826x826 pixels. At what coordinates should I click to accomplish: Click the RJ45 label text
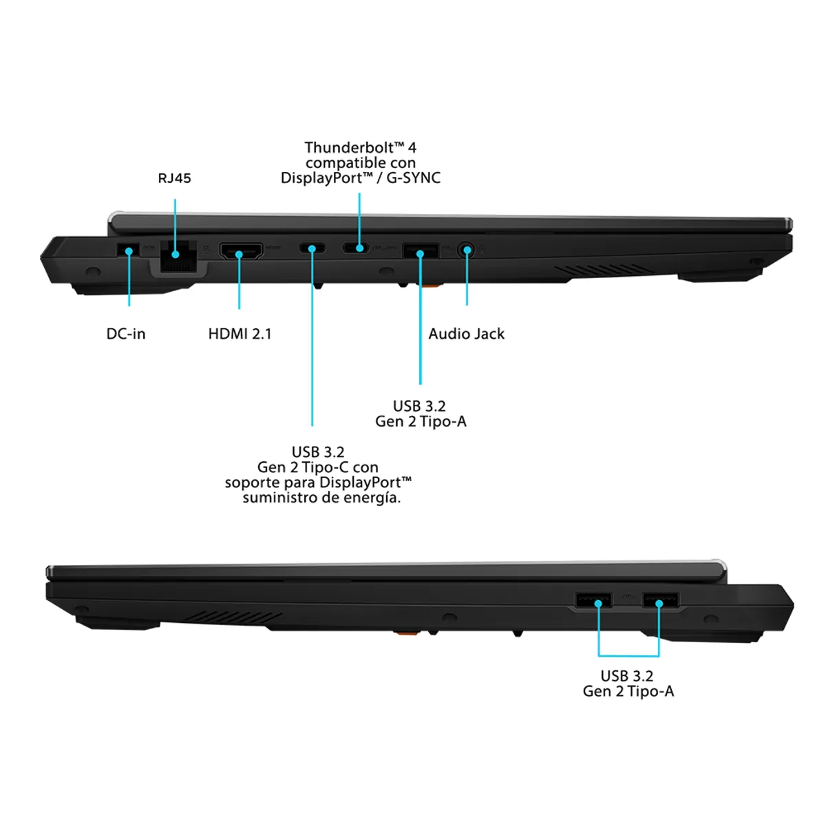pos(174,178)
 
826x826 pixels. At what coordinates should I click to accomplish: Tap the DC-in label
pos(126,334)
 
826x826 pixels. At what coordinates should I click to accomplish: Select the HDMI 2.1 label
pos(240,334)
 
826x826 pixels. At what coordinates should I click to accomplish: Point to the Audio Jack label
pos(466,334)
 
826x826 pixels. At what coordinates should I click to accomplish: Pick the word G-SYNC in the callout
pos(413,178)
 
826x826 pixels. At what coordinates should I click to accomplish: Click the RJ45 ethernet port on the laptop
pos(177,254)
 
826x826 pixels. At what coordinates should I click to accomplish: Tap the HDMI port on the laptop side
pos(240,251)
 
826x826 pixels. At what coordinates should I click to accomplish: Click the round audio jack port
pos(467,249)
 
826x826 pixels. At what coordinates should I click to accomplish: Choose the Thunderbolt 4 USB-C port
pos(357,248)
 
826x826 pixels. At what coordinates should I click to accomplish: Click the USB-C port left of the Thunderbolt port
pos(312,248)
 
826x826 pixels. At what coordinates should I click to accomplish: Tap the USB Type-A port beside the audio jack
pos(420,251)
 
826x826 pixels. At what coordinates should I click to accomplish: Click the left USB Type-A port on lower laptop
pos(594,600)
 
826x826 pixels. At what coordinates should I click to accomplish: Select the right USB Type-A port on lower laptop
pos(661,600)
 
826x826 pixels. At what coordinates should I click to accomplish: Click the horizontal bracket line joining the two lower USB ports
pos(628,655)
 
